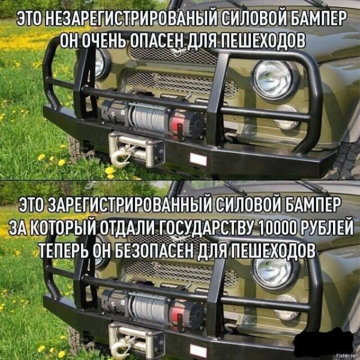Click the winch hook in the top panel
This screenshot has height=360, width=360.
click(121, 157)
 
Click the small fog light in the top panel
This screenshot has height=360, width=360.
click(287, 118)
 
